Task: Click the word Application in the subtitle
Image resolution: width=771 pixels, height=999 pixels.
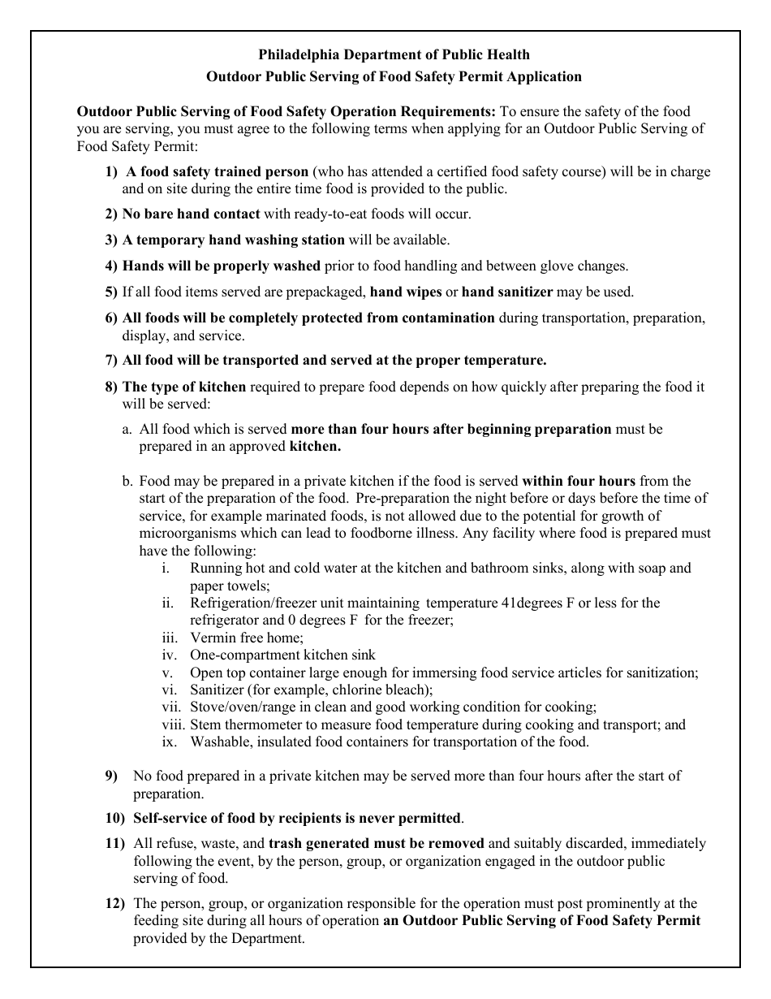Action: [544, 76]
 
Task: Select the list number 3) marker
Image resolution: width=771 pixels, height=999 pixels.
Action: [111, 240]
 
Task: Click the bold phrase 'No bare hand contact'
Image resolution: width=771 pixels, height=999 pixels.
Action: [191, 214]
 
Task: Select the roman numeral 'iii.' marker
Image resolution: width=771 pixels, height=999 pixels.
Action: [169, 638]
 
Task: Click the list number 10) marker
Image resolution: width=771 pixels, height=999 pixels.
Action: [114, 818]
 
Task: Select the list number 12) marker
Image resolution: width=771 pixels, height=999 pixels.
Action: [114, 903]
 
